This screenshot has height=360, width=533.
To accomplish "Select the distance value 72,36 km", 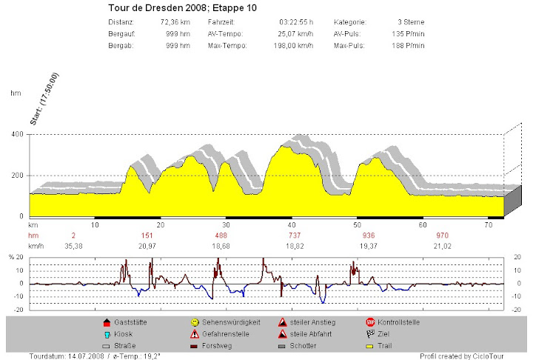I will click(x=175, y=23).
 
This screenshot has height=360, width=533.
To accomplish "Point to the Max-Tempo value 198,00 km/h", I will click(x=290, y=46).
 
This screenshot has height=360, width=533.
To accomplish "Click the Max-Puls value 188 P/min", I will click(x=408, y=46).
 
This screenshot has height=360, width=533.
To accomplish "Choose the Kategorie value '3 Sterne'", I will click(x=411, y=23).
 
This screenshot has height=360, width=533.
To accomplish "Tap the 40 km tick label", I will click(x=292, y=224).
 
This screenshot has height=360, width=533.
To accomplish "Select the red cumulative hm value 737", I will click(x=292, y=234).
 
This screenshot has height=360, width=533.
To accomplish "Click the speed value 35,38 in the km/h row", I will click(x=74, y=245).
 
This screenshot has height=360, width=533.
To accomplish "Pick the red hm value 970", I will click(x=423, y=234).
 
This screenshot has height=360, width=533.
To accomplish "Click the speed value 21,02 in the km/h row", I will click(x=423, y=245).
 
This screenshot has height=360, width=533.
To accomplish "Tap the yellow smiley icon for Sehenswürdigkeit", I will click(x=195, y=323).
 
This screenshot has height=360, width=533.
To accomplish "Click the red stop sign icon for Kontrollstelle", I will click(x=371, y=323).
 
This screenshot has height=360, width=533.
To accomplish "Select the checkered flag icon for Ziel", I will click(x=371, y=334).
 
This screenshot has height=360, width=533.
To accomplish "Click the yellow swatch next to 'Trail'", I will click(x=371, y=346).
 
